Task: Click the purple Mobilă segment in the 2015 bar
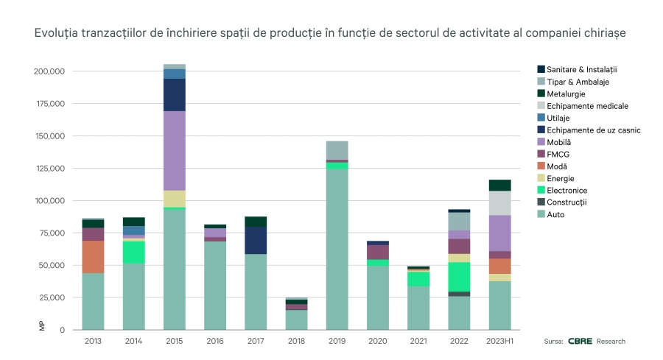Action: (x=175, y=150)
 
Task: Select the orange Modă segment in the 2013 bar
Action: (x=93, y=257)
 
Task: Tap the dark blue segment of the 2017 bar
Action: (x=256, y=240)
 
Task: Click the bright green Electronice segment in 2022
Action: (x=459, y=277)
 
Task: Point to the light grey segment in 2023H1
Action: (x=499, y=202)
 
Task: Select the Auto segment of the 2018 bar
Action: (x=296, y=320)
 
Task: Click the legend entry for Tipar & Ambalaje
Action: (x=576, y=82)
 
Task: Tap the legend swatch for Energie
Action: (x=541, y=178)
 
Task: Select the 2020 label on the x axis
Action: (x=377, y=342)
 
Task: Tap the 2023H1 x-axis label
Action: (x=499, y=342)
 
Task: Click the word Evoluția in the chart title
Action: (x=55, y=34)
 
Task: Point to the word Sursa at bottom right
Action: (x=553, y=342)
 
